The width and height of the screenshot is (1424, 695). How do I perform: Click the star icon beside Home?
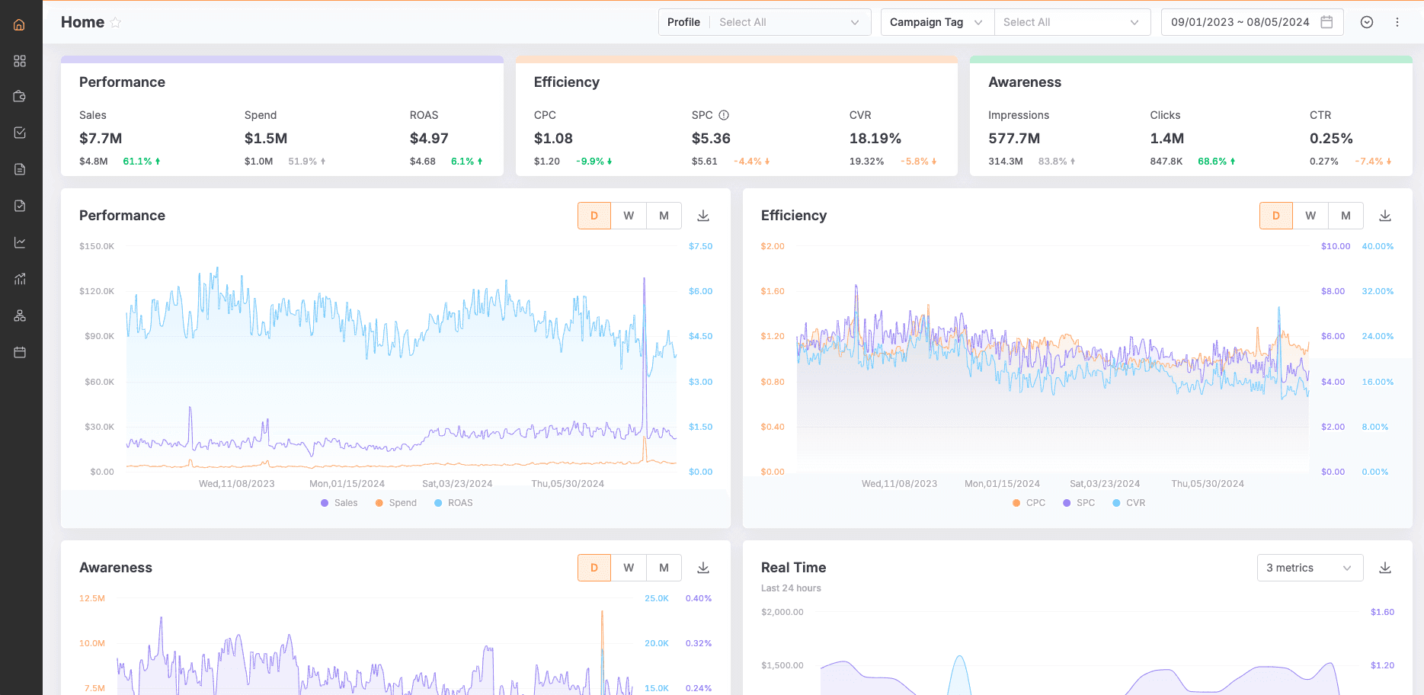click(116, 23)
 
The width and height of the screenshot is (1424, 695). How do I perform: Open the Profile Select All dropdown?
click(789, 22)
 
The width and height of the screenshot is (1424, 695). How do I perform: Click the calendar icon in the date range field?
click(1326, 22)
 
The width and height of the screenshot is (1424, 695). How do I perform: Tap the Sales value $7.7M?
click(101, 138)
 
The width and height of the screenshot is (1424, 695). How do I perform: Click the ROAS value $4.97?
click(429, 138)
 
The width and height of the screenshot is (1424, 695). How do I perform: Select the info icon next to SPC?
click(724, 115)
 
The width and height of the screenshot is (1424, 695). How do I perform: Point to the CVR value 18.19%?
click(875, 138)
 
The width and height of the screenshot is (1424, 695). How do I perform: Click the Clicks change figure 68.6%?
click(1212, 162)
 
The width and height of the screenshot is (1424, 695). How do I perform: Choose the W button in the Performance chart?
click(629, 216)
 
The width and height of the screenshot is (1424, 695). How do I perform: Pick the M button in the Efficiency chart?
click(1346, 216)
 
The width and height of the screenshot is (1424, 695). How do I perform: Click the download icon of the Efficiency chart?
click(1385, 216)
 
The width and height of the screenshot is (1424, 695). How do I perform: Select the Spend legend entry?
click(396, 503)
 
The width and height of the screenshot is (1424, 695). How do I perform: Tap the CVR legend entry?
click(1129, 503)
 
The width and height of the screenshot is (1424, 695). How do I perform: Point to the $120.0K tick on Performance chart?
click(97, 291)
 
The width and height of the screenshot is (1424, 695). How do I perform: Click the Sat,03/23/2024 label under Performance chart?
click(457, 484)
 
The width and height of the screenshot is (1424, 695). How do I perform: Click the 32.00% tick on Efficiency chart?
click(1378, 291)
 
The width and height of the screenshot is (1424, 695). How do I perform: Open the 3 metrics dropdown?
click(1309, 568)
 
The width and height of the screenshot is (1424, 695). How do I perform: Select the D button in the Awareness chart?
click(594, 568)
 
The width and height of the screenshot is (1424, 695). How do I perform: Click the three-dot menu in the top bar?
click(1397, 22)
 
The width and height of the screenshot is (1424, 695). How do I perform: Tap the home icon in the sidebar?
click(20, 24)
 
